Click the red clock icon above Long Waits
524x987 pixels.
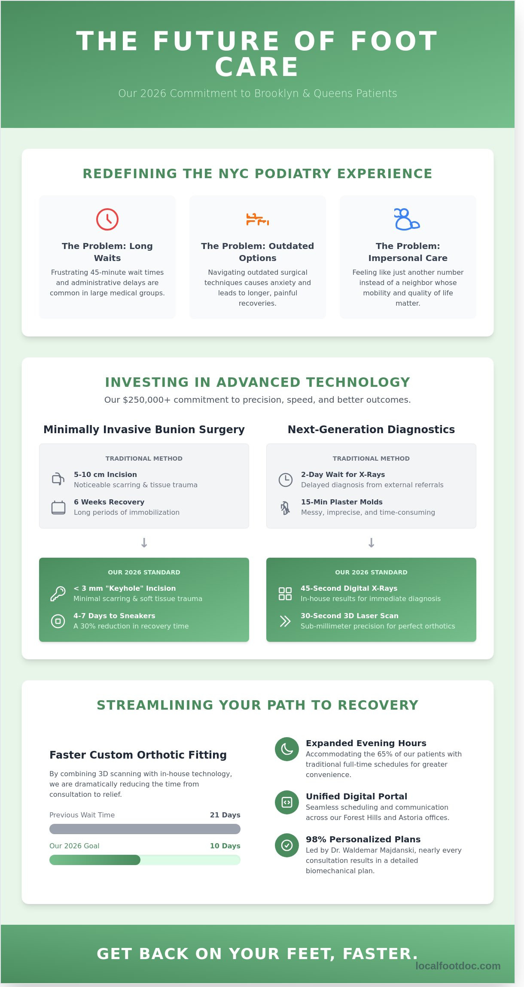coord(107,219)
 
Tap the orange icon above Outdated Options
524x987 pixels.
coord(257,219)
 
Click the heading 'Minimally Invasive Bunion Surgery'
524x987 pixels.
coord(144,429)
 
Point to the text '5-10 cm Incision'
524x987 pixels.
coord(105,474)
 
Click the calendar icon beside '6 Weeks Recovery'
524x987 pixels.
coord(58,507)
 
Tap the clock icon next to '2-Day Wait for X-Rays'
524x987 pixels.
coord(286,480)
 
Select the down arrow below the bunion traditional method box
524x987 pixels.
coord(144,543)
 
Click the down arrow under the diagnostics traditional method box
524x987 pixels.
coord(372,543)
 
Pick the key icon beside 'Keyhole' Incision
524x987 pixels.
coord(58,594)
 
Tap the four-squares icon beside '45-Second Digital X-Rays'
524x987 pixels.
coord(285,594)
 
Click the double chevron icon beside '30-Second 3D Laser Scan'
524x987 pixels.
coord(285,621)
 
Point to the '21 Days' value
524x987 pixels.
coord(225,815)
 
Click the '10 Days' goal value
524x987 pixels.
coord(225,846)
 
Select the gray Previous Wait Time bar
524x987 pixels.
coord(145,829)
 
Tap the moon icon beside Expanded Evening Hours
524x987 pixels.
coord(287,749)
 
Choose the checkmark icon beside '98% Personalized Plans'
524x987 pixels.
coord(287,845)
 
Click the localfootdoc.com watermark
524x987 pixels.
coord(458,966)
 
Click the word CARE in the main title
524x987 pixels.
coord(257,67)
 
